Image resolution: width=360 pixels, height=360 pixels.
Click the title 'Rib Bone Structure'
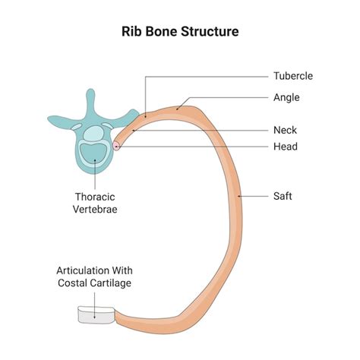click(179, 33)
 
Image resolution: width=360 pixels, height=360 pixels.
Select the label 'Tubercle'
click(293, 76)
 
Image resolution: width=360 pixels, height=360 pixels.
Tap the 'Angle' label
click(286, 97)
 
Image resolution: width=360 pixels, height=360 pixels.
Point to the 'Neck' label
click(286, 130)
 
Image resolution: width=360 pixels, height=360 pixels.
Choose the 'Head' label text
click(286, 147)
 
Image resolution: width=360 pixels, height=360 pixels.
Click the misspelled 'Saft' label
click(283, 196)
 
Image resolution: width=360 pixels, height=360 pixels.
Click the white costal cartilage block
click(95, 314)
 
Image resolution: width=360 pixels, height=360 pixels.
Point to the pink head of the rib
click(116, 145)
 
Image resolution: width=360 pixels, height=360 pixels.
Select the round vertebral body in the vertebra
click(94, 152)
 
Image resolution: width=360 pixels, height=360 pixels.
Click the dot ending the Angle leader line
click(178, 109)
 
